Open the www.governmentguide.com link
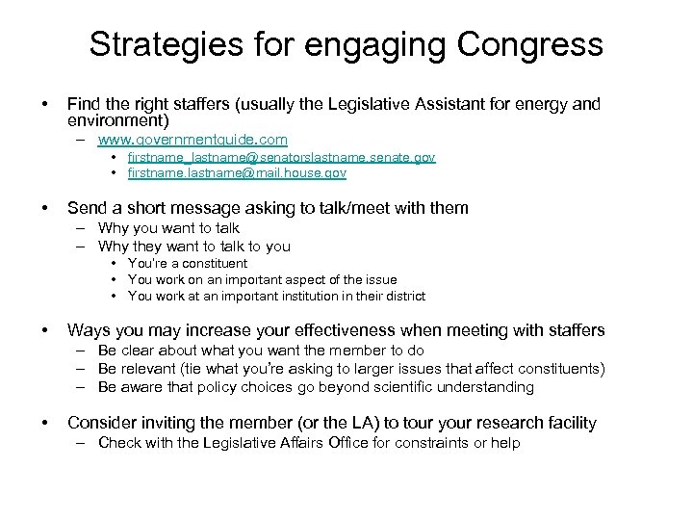(192, 140)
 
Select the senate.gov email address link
(281, 157)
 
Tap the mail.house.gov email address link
(237, 173)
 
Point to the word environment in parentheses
(115, 120)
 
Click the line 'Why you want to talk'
(168, 228)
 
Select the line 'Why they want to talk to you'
(193, 246)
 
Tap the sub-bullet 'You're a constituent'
(188, 263)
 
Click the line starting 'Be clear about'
(261, 351)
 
